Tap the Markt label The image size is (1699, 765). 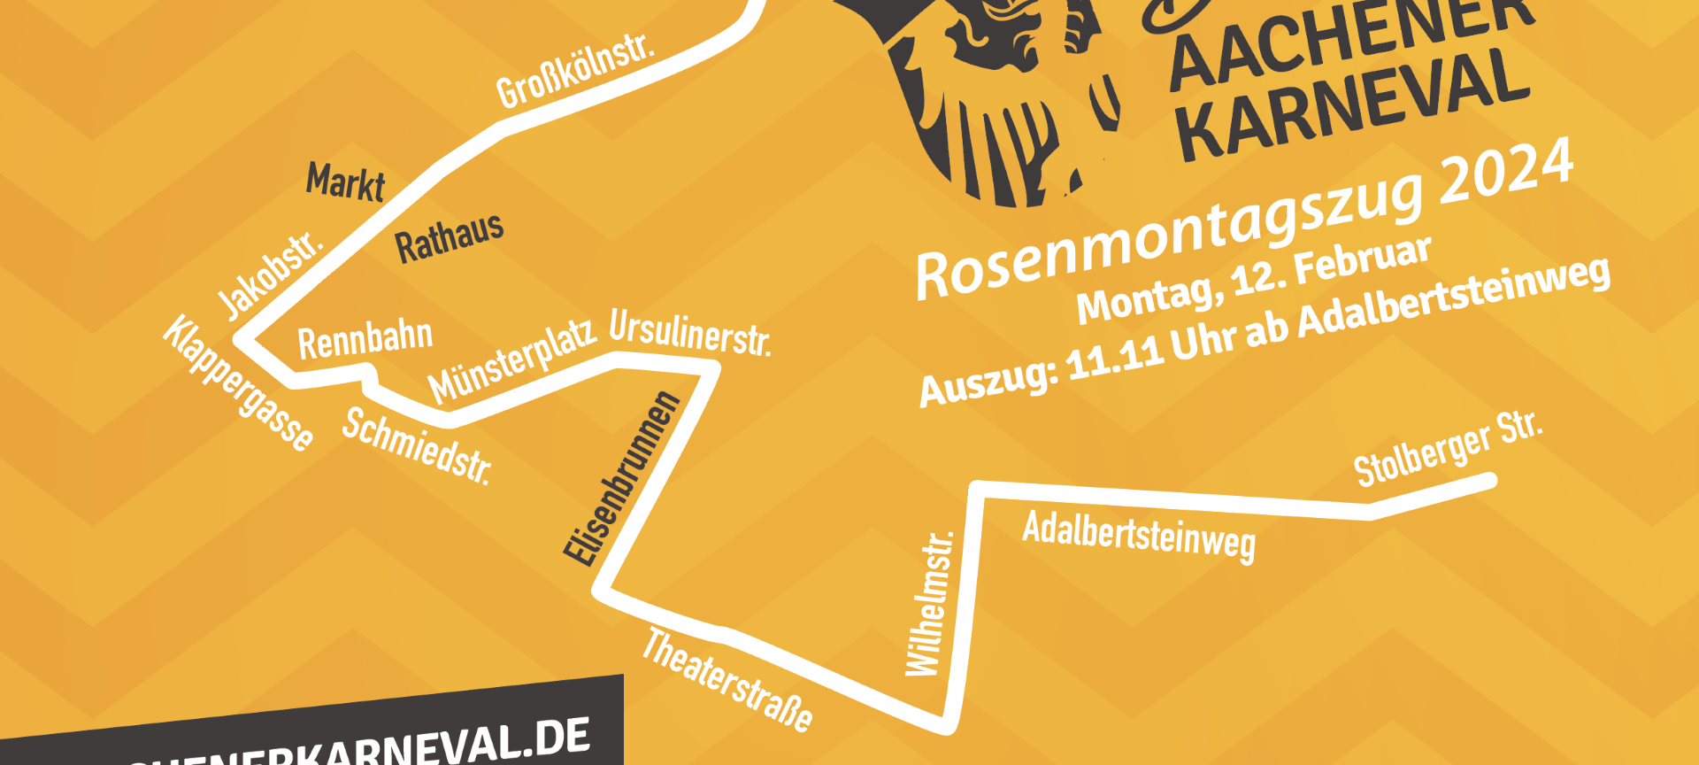point(345,182)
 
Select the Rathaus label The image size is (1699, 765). point(450,236)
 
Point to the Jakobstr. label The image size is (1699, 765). point(270,274)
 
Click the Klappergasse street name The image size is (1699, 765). point(238,383)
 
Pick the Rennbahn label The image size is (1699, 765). point(365,339)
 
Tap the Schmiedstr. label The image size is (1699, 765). point(417,445)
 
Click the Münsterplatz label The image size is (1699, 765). point(511,361)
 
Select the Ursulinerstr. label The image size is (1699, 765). point(690,333)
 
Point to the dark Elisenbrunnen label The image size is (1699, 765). point(622,478)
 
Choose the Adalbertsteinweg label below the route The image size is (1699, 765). point(1139,536)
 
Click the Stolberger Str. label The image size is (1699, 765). point(1449,449)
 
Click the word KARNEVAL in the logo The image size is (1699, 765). point(1354,104)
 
